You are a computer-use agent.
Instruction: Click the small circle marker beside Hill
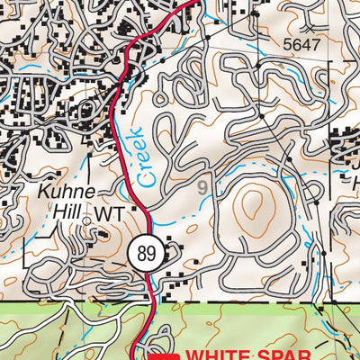(x=86, y=219)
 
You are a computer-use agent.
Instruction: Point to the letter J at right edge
(x=355, y=165)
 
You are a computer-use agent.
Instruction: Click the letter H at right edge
(x=355, y=184)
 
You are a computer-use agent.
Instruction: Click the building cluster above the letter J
(x=346, y=144)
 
